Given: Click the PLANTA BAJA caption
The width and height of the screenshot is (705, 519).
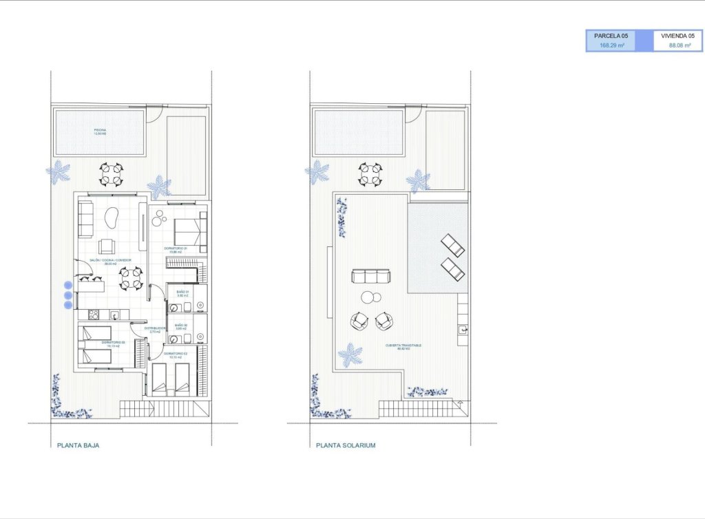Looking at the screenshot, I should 77,445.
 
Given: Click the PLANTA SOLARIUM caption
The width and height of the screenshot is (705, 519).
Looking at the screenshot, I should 346,445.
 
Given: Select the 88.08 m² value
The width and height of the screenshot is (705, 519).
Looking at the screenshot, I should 680,45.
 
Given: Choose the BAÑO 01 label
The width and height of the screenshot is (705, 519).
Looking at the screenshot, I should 182,293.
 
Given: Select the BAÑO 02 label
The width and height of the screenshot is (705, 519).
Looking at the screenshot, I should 181,326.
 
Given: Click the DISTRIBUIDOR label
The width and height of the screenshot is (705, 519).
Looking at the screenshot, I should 155,329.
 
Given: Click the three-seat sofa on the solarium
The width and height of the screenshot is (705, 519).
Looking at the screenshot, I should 370,277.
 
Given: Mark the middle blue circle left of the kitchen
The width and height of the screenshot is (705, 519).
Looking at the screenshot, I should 67,295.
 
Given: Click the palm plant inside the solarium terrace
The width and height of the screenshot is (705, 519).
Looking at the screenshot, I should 351,355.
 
